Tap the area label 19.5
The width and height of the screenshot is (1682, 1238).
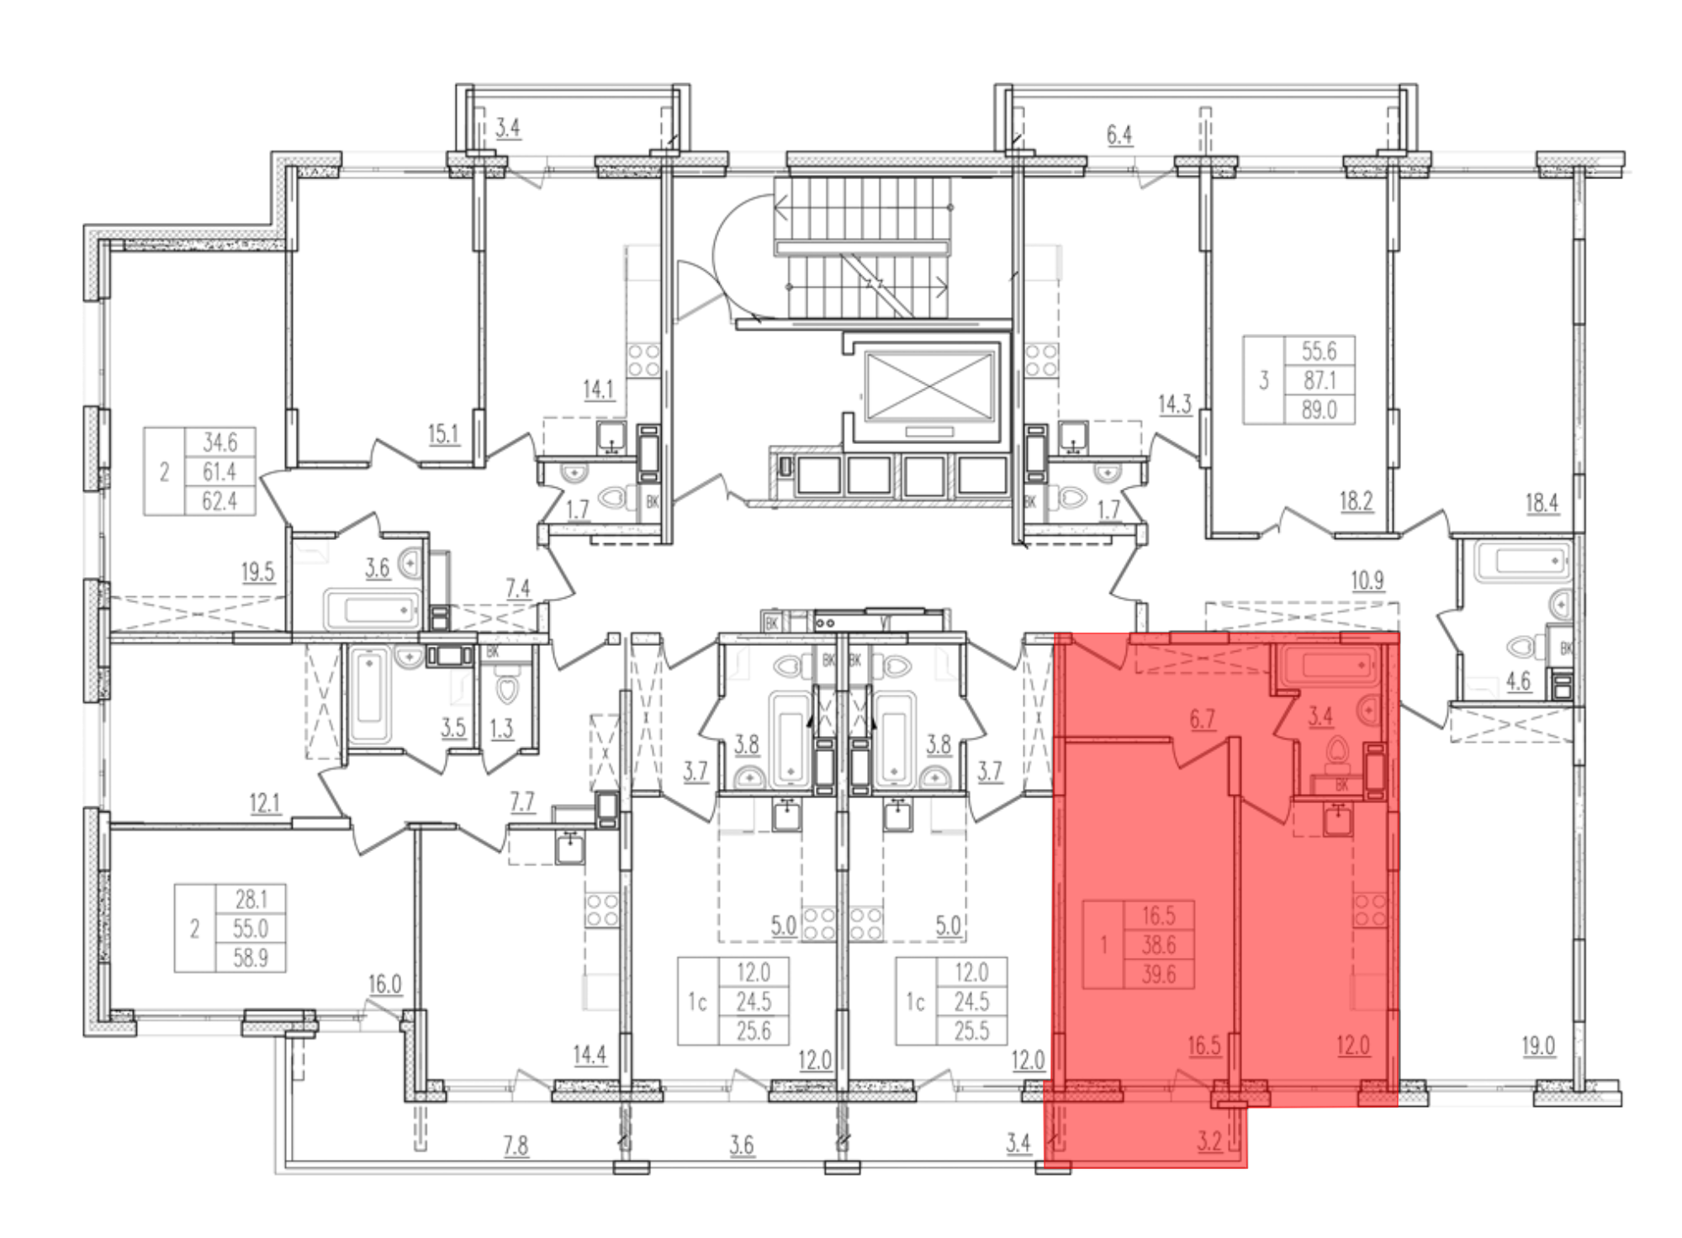click(x=257, y=572)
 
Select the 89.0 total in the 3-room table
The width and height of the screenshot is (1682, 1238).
click(x=1319, y=410)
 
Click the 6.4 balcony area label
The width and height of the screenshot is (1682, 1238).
click(x=1119, y=135)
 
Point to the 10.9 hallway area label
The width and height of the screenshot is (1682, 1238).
click(x=1367, y=580)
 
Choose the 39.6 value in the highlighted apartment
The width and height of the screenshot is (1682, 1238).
click(x=1158, y=974)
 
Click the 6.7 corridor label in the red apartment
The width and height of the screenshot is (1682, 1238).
click(x=1203, y=719)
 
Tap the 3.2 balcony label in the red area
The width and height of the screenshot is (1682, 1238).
click(x=1209, y=1142)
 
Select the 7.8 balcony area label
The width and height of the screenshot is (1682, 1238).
click(x=516, y=1145)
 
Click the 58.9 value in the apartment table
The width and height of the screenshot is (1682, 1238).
click(x=251, y=958)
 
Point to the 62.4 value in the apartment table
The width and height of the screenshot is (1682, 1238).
click(x=220, y=501)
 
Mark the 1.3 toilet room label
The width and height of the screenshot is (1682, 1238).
click(x=501, y=727)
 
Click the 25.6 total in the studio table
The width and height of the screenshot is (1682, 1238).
click(x=754, y=1030)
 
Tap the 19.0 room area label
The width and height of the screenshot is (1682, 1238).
click(x=1538, y=1046)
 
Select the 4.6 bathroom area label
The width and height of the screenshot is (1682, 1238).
click(x=1518, y=680)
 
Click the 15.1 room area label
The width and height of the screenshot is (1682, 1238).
click(x=443, y=434)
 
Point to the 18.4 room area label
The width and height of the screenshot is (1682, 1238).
click(x=1542, y=503)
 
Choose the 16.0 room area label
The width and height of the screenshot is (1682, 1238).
click(x=384, y=983)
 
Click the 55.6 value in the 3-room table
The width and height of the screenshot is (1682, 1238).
click(x=1319, y=351)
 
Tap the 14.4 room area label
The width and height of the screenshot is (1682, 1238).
click(x=590, y=1054)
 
